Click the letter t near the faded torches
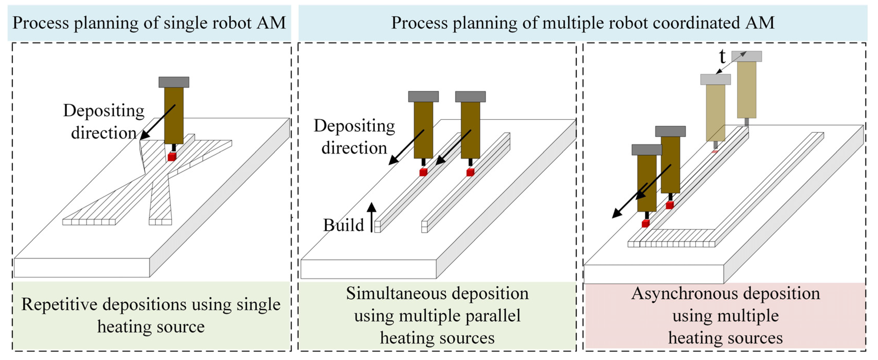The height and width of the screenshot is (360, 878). point(722,57)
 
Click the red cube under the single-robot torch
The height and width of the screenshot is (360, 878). point(172,157)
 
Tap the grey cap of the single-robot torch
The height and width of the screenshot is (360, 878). point(174,82)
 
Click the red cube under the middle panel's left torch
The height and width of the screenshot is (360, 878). point(423,172)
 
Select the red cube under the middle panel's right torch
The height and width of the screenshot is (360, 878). point(470,172)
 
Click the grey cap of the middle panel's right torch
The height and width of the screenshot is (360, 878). point(470,97)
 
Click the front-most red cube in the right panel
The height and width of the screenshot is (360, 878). point(646,224)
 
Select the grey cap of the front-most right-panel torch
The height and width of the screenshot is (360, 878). point(647,150)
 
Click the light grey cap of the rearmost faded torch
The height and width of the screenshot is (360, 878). point(747,56)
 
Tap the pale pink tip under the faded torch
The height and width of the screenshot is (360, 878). point(715,151)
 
